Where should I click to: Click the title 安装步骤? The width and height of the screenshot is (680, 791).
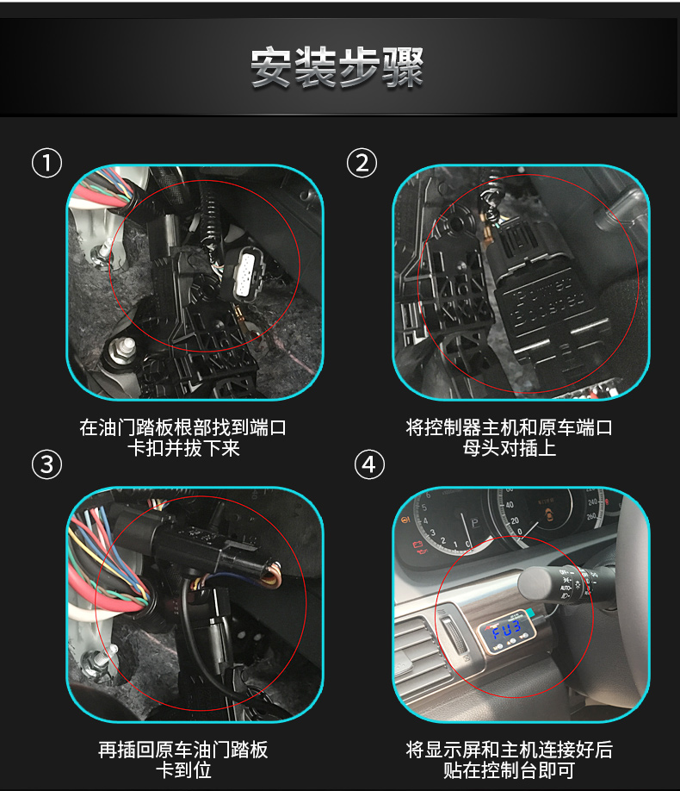click(x=337, y=67)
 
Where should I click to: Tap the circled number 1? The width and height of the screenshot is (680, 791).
click(x=46, y=163)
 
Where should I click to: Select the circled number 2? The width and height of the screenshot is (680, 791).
click(x=362, y=163)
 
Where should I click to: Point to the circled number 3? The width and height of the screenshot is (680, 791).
click(x=46, y=464)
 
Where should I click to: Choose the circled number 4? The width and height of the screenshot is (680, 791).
click(x=369, y=464)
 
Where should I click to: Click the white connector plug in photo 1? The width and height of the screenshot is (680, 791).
click(x=245, y=276)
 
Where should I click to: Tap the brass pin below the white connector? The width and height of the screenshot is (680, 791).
click(x=240, y=318)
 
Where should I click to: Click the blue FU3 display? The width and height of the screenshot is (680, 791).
click(x=506, y=631)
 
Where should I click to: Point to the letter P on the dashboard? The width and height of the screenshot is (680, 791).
click(x=474, y=523)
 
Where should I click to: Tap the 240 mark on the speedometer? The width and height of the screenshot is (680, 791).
click(x=592, y=501)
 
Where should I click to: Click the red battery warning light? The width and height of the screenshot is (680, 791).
click(x=417, y=545)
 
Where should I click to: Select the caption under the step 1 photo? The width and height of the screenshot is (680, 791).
click(x=183, y=438)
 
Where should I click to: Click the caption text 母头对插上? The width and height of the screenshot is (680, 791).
click(x=509, y=448)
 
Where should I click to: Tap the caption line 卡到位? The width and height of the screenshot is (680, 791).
click(x=183, y=770)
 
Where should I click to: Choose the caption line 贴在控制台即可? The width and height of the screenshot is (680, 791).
click(x=509, y=770)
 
